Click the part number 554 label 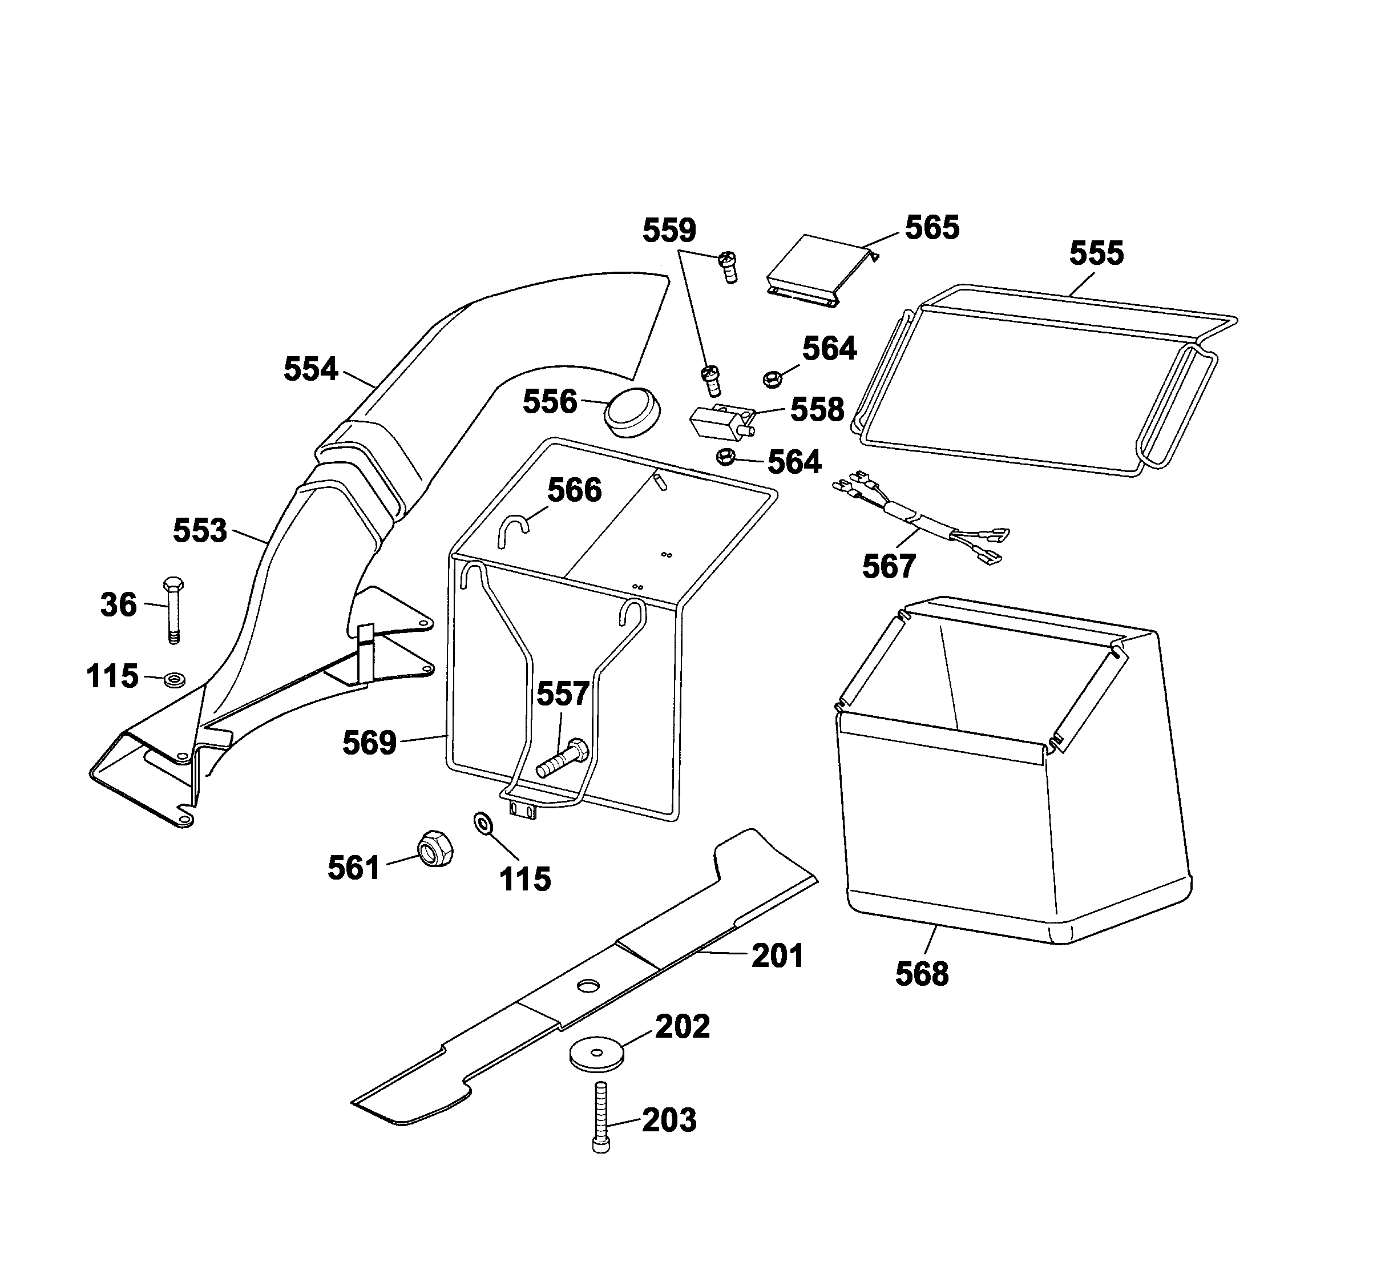click(x=311, y=369)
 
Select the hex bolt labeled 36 click(x=173, y=610)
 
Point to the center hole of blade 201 click(x=588, y=987)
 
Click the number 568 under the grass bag click(x=922, y=974)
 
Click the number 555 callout click(x=1096, y=253)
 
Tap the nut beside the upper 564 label click(x=773, y=378)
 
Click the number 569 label click(x=369, y=743)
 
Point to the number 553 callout click(x=200, y=531)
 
